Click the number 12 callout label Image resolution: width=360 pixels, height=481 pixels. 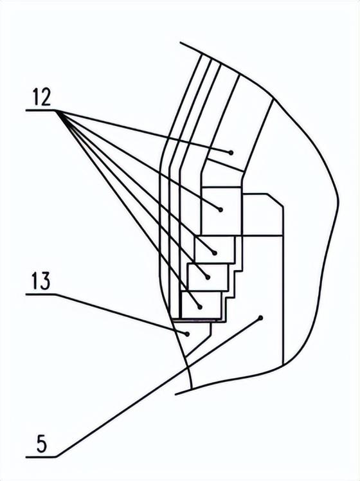pyautogui.click(x=41, y=97)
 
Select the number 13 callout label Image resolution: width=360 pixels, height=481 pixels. pyautogui.click(x=40, y=281)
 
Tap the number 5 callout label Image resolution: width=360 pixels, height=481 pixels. pyautogui.click(x=42, y=444)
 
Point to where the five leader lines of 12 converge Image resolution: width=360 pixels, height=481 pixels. pyautogui.click(x=57, y=111)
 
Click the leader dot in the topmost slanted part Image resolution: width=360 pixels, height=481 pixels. pyautogui.click(x=231, y=152)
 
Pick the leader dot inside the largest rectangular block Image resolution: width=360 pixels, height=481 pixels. pyautogui.click(x=221, y=210)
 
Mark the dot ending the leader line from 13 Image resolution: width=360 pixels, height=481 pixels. pyautogui.click(x=186, y=334)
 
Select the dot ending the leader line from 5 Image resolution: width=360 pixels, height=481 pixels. pyautogui.click(x=261, y=318)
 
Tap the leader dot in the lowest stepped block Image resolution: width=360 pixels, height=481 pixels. pyautogui.click(x=200, y=307)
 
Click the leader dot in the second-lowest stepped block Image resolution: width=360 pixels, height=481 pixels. pyautogui.click(x=208, y=277)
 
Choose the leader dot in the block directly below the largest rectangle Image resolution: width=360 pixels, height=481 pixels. pyautogui.click(x=215, y=253)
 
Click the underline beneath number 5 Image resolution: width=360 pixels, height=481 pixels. pyautogui.click(x=40, y=457)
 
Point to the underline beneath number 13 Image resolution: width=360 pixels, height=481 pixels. pyautogui.click(x=40, y=295)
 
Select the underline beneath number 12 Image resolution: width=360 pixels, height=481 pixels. pyautogui.click(x=40, y=111)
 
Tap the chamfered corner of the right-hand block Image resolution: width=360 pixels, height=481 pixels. pyautogui.click(x=275, y=200)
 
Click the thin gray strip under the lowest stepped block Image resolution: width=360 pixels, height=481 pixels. pyautogui.click(x=197, y=320)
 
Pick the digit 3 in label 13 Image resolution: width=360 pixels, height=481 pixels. pyautogui.click(x=45, y=281)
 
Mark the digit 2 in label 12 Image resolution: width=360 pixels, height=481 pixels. pyautogui.click(x=46, y=97)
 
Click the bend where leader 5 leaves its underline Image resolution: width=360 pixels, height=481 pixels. pyautogui.click(x=56, y=457)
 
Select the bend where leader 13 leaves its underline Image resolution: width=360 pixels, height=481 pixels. pyautogui.click(x=56, y=295)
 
